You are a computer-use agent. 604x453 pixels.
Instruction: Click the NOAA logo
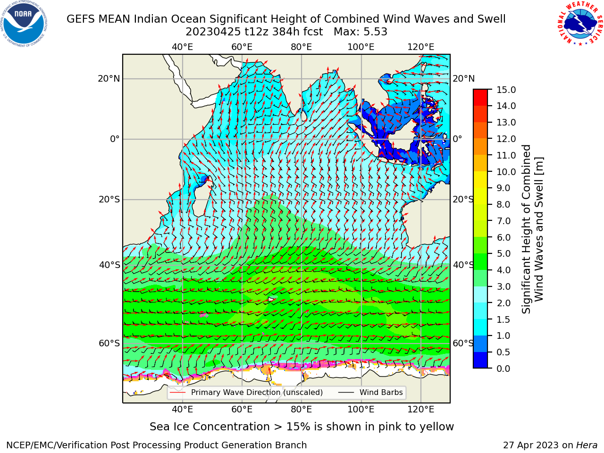click(x=24, y=24)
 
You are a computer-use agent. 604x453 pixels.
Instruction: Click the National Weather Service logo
click(x=580, y=23)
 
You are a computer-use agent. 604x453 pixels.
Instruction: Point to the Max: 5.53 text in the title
click(x=360, y=32)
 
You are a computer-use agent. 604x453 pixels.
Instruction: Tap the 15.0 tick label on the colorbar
click(x=506, y=90)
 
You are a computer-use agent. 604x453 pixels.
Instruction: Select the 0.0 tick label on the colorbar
click(x=503, y=369)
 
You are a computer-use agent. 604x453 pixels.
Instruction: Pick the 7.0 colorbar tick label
click(x=503, y=221)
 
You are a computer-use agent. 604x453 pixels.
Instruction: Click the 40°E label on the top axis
click(x=183, y=47)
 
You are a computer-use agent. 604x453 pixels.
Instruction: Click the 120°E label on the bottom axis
click(x=420, y=409)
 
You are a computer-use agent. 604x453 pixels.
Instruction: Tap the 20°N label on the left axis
click(x=109, y=79)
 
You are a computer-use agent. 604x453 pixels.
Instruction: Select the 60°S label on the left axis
click(x=109, y=343)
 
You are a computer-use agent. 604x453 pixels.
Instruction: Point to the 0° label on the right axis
click(x=457, y=139)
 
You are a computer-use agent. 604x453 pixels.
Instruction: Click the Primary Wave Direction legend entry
click(x=246, y=392)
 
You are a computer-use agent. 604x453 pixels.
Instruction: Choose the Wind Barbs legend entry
click(x=370, y=392)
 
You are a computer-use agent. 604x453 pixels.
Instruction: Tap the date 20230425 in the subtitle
click(x=213, y=32)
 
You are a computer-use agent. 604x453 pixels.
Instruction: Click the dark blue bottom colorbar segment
click(x=480, y=360)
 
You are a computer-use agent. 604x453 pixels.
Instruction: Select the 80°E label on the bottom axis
click(x=302, y=409)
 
